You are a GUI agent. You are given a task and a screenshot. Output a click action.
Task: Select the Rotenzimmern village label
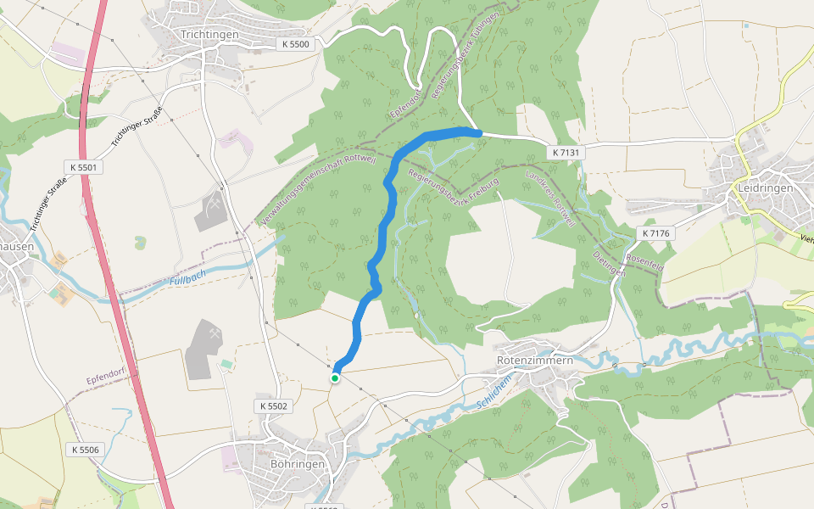pyautogui.click(x=534, y=361)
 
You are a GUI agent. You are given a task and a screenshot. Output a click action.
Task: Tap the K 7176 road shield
pyautogui.click(x=656, y=232)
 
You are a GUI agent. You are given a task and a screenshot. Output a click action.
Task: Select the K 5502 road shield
pyautogui.click(x=274, y=406)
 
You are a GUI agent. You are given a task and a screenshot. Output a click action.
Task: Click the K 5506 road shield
pyautogui.click(x=85, y=450)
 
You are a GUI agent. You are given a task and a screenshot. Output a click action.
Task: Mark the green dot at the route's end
pyautogui.click(x=335, y=378)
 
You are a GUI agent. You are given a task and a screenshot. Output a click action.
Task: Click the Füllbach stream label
pyautogui.click(x=187, y=278)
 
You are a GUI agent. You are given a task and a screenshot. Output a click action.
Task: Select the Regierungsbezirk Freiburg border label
pyautogui.click(x=454, y=189)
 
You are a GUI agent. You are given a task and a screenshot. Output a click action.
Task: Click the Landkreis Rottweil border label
pyautogui.click(x=550, y=199)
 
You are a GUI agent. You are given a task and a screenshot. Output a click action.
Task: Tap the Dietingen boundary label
pyautogui.click(x=609, y=264)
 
